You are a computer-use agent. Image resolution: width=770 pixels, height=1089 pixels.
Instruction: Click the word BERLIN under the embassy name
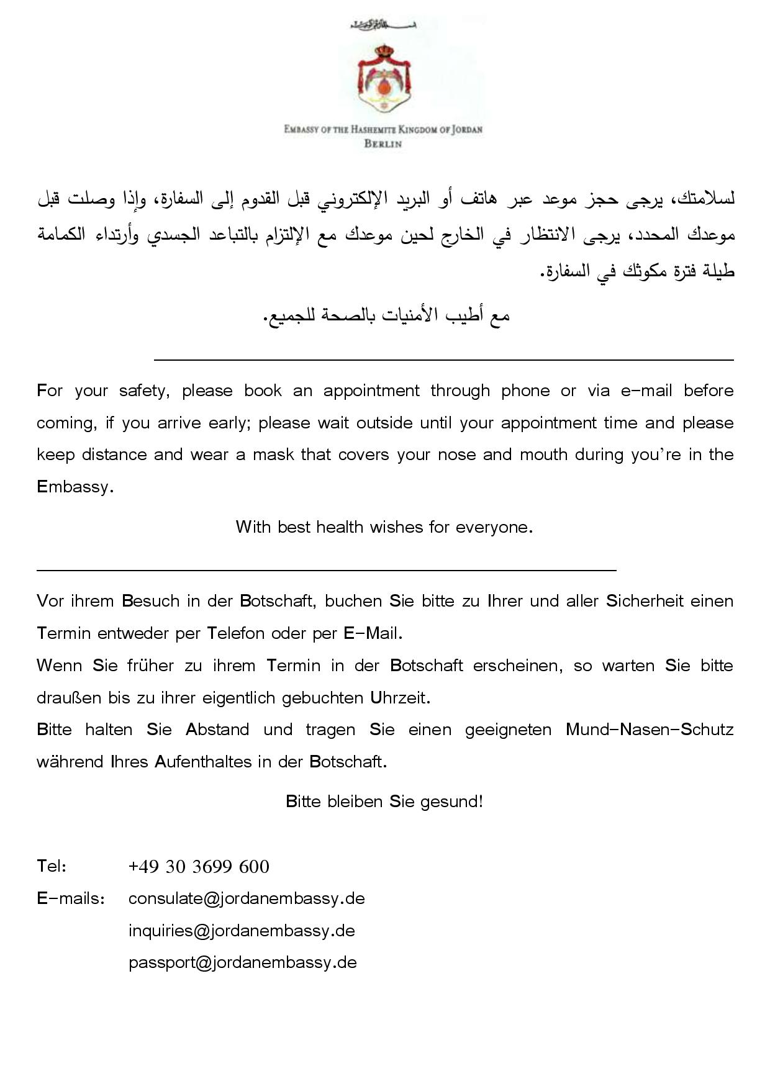383,144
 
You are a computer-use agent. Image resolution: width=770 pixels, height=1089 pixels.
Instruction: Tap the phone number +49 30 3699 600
199,867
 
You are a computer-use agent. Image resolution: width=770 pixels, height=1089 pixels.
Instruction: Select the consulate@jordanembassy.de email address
247,898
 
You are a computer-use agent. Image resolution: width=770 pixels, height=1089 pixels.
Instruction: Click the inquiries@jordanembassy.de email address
242,931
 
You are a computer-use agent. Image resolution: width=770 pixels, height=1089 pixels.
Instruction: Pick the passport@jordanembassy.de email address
242,962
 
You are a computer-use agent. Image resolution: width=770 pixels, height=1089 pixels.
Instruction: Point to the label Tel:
52,866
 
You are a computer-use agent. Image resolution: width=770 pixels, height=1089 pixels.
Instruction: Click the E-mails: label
70,898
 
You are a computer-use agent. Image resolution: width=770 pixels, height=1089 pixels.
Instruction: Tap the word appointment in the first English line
371,391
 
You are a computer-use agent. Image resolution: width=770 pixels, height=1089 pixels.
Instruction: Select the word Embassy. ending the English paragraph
75,487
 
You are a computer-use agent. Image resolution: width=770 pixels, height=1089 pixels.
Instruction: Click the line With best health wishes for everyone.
384,527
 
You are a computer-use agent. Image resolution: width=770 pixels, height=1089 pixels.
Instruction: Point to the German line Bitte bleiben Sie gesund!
384,802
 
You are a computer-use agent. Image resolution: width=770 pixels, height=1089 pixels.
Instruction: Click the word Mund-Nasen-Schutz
649,730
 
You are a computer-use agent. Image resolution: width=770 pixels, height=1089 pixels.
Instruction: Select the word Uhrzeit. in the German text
400,698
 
